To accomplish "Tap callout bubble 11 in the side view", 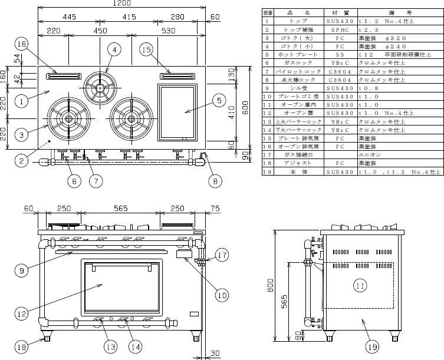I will (x=360, y=286).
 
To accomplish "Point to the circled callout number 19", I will (x=372, y=348).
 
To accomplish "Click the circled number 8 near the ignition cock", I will (x=215, y=181).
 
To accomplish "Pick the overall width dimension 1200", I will (x=122, y=4).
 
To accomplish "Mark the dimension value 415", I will (x=129, y=18).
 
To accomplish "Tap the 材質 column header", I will (x=340, y=12).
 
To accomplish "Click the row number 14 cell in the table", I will (x=267, y=129).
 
